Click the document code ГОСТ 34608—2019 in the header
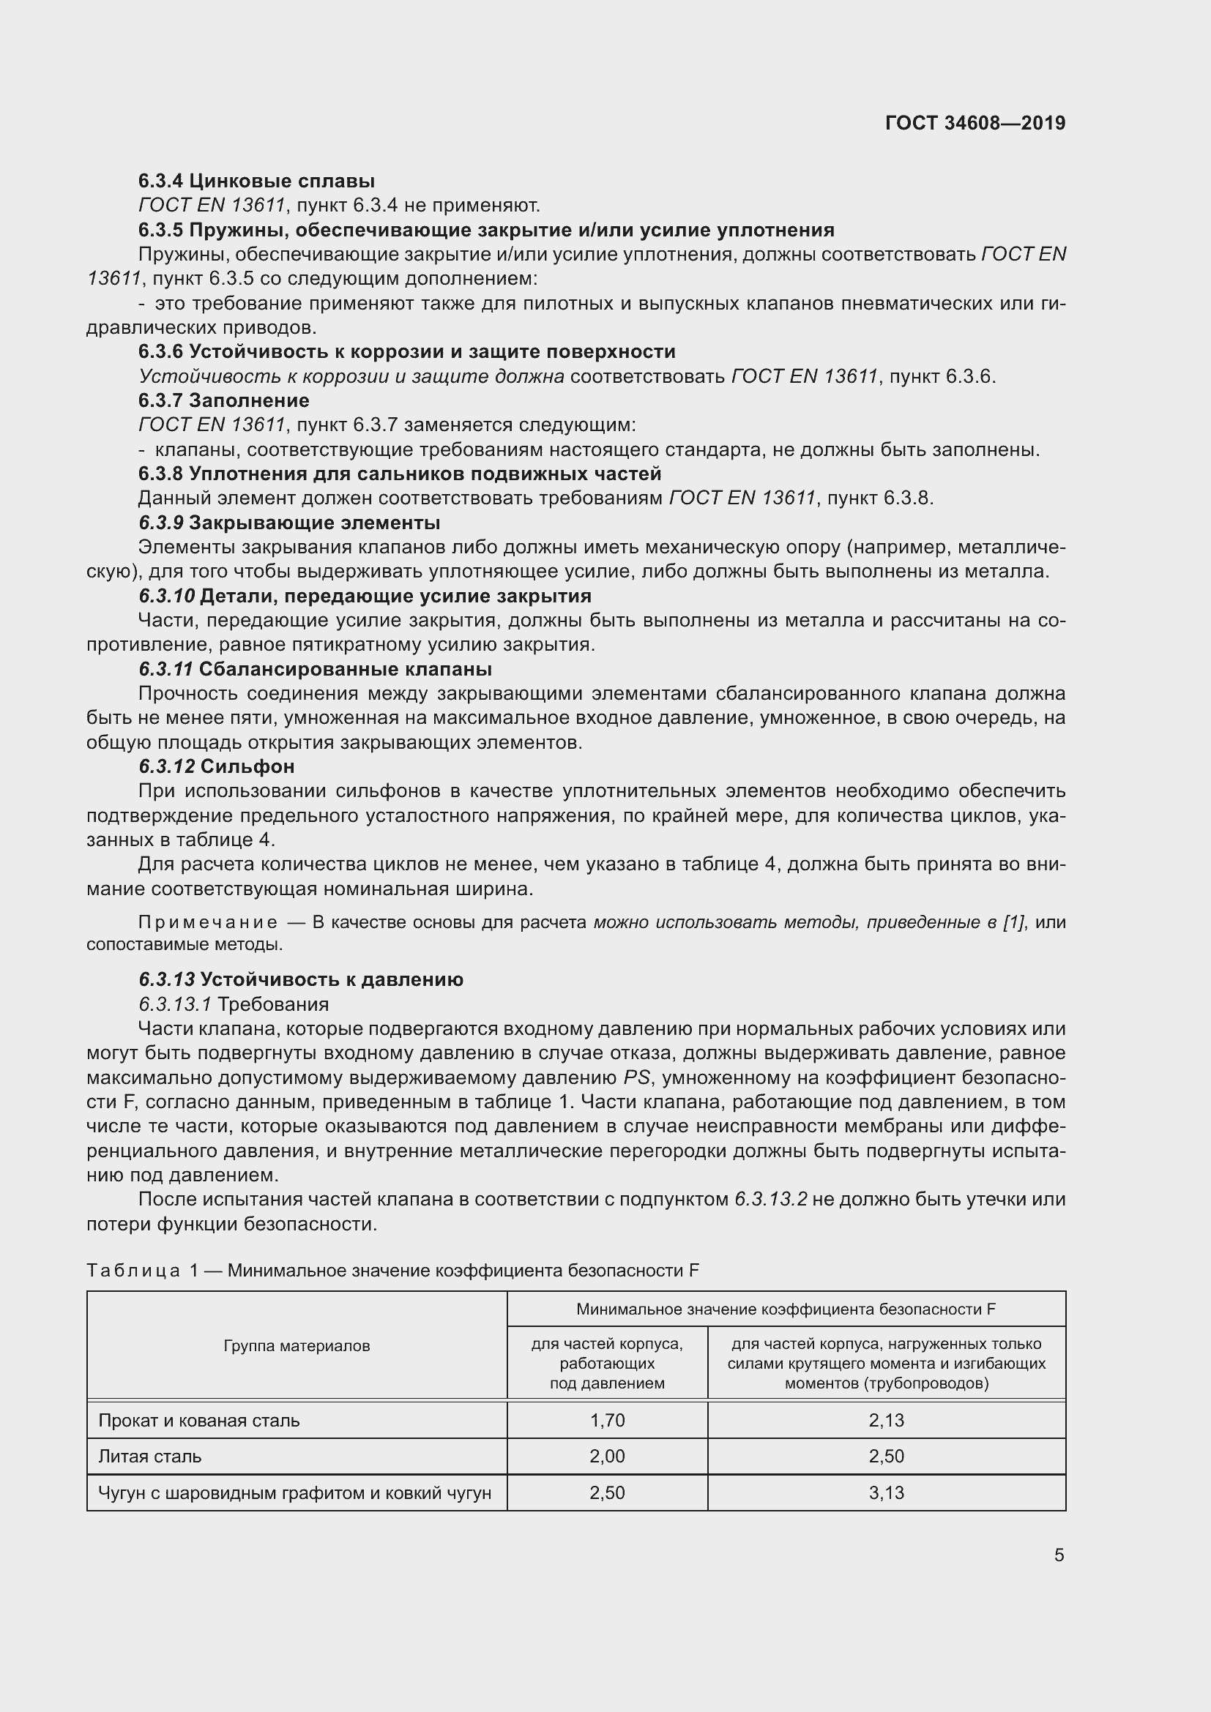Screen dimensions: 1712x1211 pyautogui.click(x=975, y=123)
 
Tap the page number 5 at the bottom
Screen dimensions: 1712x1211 pyautogui.click(x=1059, y=1555)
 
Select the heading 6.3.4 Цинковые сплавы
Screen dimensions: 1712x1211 pyautogui.click(x=256, y=181)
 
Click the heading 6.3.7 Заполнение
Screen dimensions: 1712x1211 pyautogui.click(x=224, y=400)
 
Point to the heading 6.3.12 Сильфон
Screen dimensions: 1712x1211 pyautogui.click(x=216, y=766)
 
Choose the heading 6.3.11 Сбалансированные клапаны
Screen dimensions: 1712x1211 pyautogui.click(x=315, y=669)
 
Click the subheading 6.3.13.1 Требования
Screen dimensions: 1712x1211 pyautogui.click(x=234, y=1003)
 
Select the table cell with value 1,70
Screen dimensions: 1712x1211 pyautogui.click(x=607, y=1421)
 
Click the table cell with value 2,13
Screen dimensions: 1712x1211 pyautogui.click(x=886, y=1421)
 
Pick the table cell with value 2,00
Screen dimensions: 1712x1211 pyautogui.click(x=607, y=1457)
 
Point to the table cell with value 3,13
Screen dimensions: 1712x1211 pyautogui.click(x=886, y=1492)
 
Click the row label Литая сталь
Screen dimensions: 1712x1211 pyautogui.click(x=150, y=1457)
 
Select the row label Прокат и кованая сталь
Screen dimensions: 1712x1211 pyautogui.click(x=199, y=1421)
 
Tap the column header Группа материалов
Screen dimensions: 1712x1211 pyautogui.click(x=297, y=1346)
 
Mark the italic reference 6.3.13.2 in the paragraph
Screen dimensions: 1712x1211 pyautogui.click(x=770, y=1199)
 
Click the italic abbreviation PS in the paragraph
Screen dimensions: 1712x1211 pyautogui.click(x=637, y=1077)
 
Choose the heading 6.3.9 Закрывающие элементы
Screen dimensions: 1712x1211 pyautogui.click(x=288, y=522)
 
